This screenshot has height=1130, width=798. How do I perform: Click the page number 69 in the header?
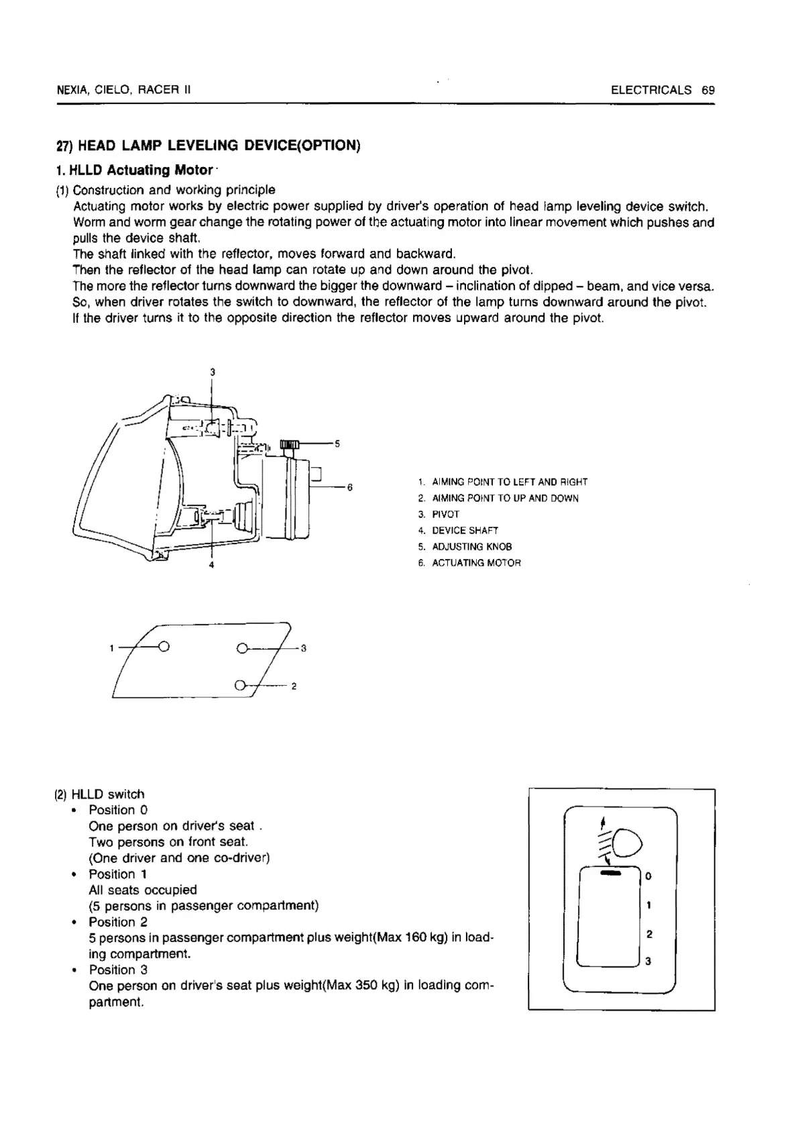click(708, 90)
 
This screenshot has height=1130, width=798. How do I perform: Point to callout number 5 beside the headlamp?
click(337, 444)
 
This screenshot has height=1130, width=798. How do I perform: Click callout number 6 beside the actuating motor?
click(349, 487)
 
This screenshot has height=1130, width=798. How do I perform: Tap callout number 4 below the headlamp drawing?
click(212, 565)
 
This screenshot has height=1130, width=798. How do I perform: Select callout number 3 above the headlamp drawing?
click(213, 372)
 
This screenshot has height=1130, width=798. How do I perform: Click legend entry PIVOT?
click(445, 515)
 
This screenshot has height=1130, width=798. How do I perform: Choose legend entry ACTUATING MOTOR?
click(476, 563)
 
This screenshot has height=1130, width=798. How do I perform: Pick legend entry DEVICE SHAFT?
click(465, 531)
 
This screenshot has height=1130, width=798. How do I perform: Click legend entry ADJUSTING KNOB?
click(471, 547)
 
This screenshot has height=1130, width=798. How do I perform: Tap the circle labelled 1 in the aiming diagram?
click(164, 648)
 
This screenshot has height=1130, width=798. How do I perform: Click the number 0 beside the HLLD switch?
click(648, 876)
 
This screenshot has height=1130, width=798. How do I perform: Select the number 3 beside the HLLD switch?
click(648, 962)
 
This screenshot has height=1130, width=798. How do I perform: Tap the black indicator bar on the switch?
click(610, 874)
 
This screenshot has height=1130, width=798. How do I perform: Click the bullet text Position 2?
click(118, 922)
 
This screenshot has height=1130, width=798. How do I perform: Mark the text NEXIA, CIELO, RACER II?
click(124, 90)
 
